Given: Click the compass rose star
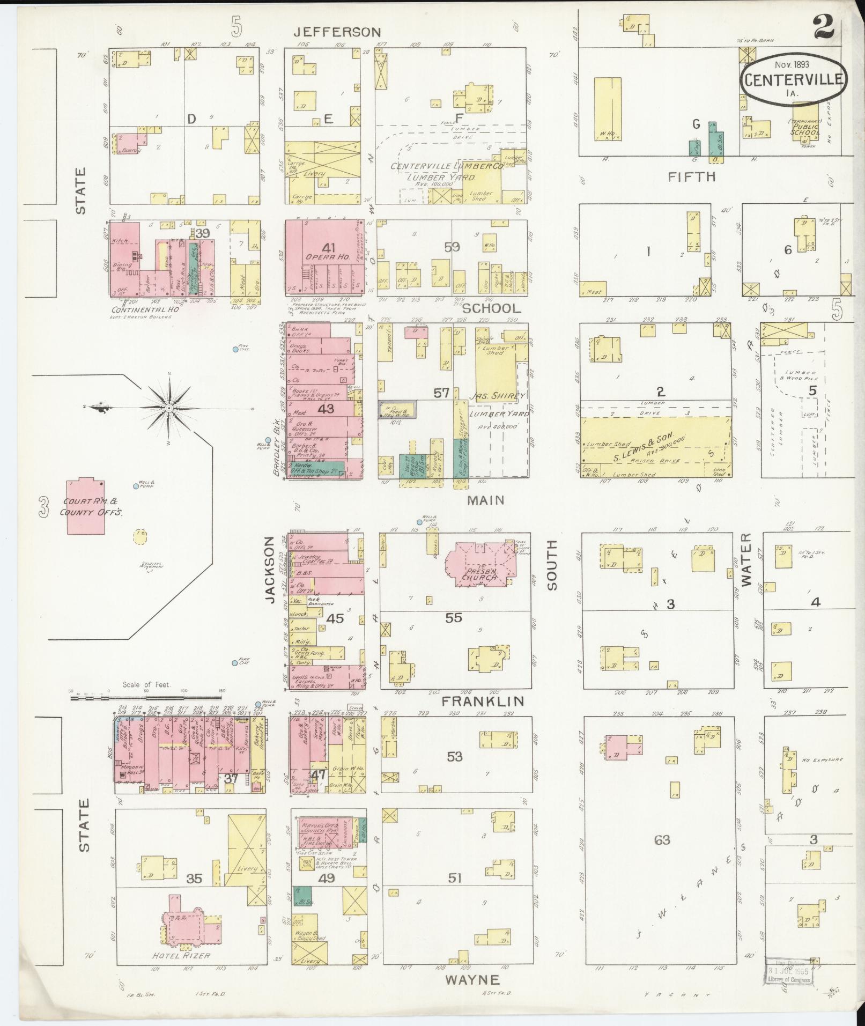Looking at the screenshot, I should tap(169, 408).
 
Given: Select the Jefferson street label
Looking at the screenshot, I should tap(337, 32).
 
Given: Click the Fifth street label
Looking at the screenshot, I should tap(692, 176).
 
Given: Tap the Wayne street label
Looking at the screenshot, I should tap(472, 980).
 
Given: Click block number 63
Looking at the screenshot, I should tap(662, 839).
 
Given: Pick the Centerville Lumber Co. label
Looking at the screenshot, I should tap(446, 167).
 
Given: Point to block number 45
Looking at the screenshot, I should tap(335, 618).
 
